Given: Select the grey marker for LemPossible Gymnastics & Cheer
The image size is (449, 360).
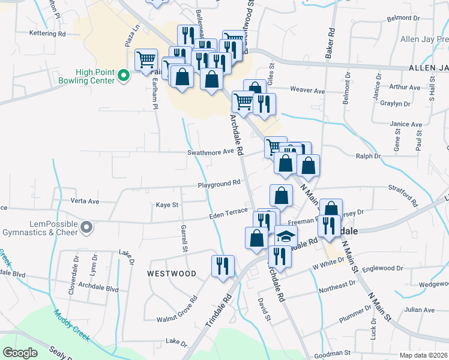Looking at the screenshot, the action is coord(86,227).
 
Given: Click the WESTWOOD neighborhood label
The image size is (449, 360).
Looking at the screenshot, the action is coord(172,274).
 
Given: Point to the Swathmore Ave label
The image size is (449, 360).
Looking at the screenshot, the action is coord(210,152).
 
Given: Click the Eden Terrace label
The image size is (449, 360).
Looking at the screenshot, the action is coord(228,212).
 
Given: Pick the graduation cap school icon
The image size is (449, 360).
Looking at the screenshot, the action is coord(286,235).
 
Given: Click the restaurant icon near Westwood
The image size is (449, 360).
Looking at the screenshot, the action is coord(223,266).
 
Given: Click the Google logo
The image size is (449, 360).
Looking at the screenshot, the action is coord(20,353).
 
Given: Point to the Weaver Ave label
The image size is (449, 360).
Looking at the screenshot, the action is coord(307,91).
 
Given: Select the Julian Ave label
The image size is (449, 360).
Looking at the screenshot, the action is coord(416,310).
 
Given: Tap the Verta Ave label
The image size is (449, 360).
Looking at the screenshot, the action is coord(85,201).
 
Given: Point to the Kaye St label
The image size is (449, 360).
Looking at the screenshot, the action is coord(167,205).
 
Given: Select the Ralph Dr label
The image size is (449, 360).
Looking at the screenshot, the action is coord(368,156).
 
